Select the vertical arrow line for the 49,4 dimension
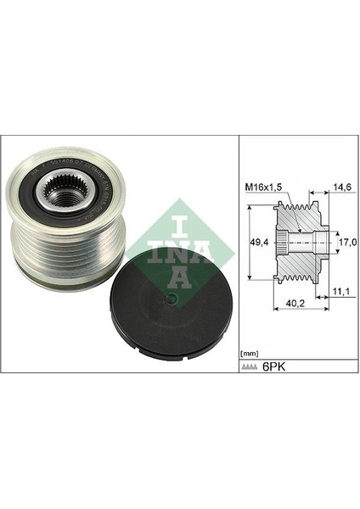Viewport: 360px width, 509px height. point(252,242)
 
